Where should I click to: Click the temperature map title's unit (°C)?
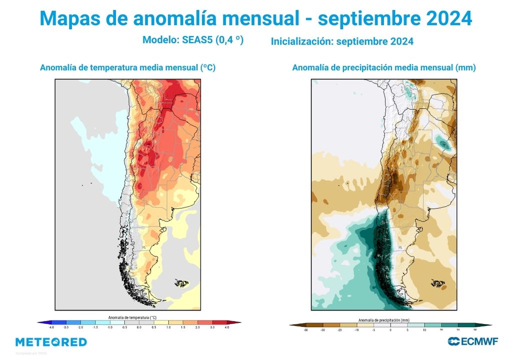coord(207,67)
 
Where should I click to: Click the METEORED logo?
coord(51,342)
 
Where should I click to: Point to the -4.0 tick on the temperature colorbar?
coord(51,328)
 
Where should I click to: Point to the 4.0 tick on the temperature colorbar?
coord(227,328)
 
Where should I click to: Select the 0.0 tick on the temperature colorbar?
coord(139,328)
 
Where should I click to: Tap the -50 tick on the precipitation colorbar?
coord(306,330)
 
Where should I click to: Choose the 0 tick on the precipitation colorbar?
coord(390,330)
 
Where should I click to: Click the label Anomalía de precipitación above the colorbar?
coord(384,319)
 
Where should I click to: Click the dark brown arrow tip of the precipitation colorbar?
coord(292,325)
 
